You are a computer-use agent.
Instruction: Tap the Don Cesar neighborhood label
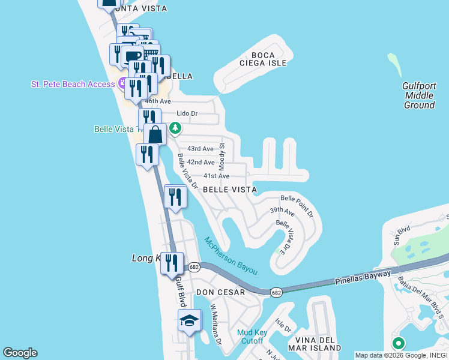(x=221, y=292)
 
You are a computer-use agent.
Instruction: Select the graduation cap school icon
(x=190, y=322)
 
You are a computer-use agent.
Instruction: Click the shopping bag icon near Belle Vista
(x=155, y=134)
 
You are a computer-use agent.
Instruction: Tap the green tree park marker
(x=175, y=128)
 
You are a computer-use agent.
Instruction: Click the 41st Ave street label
(x=216, y=176)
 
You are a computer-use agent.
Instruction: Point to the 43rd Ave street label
(x=200, y=149)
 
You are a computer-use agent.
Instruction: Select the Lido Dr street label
(x=188, y=113)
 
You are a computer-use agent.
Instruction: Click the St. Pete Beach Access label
(x=73, y=84)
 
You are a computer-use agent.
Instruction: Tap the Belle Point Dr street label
(x=297, y=205)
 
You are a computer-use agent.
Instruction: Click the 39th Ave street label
(x=282, y=211)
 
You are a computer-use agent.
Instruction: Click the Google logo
(x=20, y=353)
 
